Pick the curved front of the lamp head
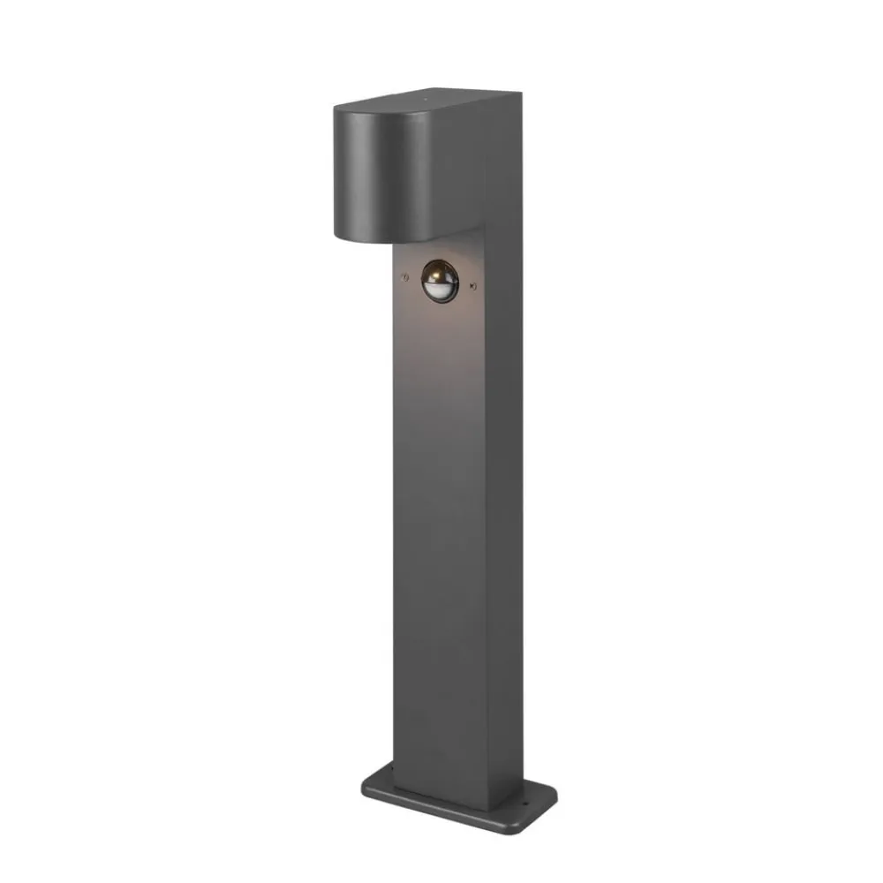(x=375, y=172)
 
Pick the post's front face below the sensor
(x=437, y=530)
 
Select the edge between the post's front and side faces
(x=486, y=530)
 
